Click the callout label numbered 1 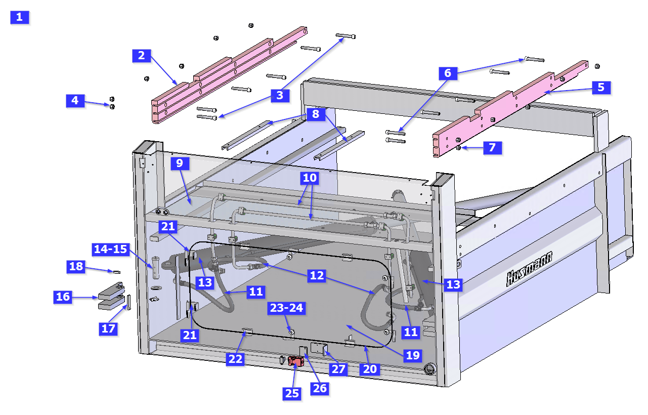pyautogui.click(x=20, y=17)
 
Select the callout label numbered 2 pyautogui.click(x=142, y=56)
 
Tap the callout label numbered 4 pyautogui.click(x=75, y=101)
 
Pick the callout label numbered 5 pyautogui.click(x=601, y=87)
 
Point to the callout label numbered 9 pyautogui.click(x=180, y=163)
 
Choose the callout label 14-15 pyautogui.click(x=111, y=249)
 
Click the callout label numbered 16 pyautogui.click(x=63, y=297)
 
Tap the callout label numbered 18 pyautogui.click(x=76, y=266)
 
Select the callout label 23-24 pyautogui.click(x=288, y=308)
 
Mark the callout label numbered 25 pyautogui.click(x=292, y=393)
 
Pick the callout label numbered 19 pyautogui.click(x=413, y=355)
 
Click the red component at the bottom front pyautogui.click(x=295, y=361)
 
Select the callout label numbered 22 pyautogui.click(x=236, y=359)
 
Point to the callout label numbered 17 pyautogui.click(x=109, y=328)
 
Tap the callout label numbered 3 pyautogui.click(x=277, y=96)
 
